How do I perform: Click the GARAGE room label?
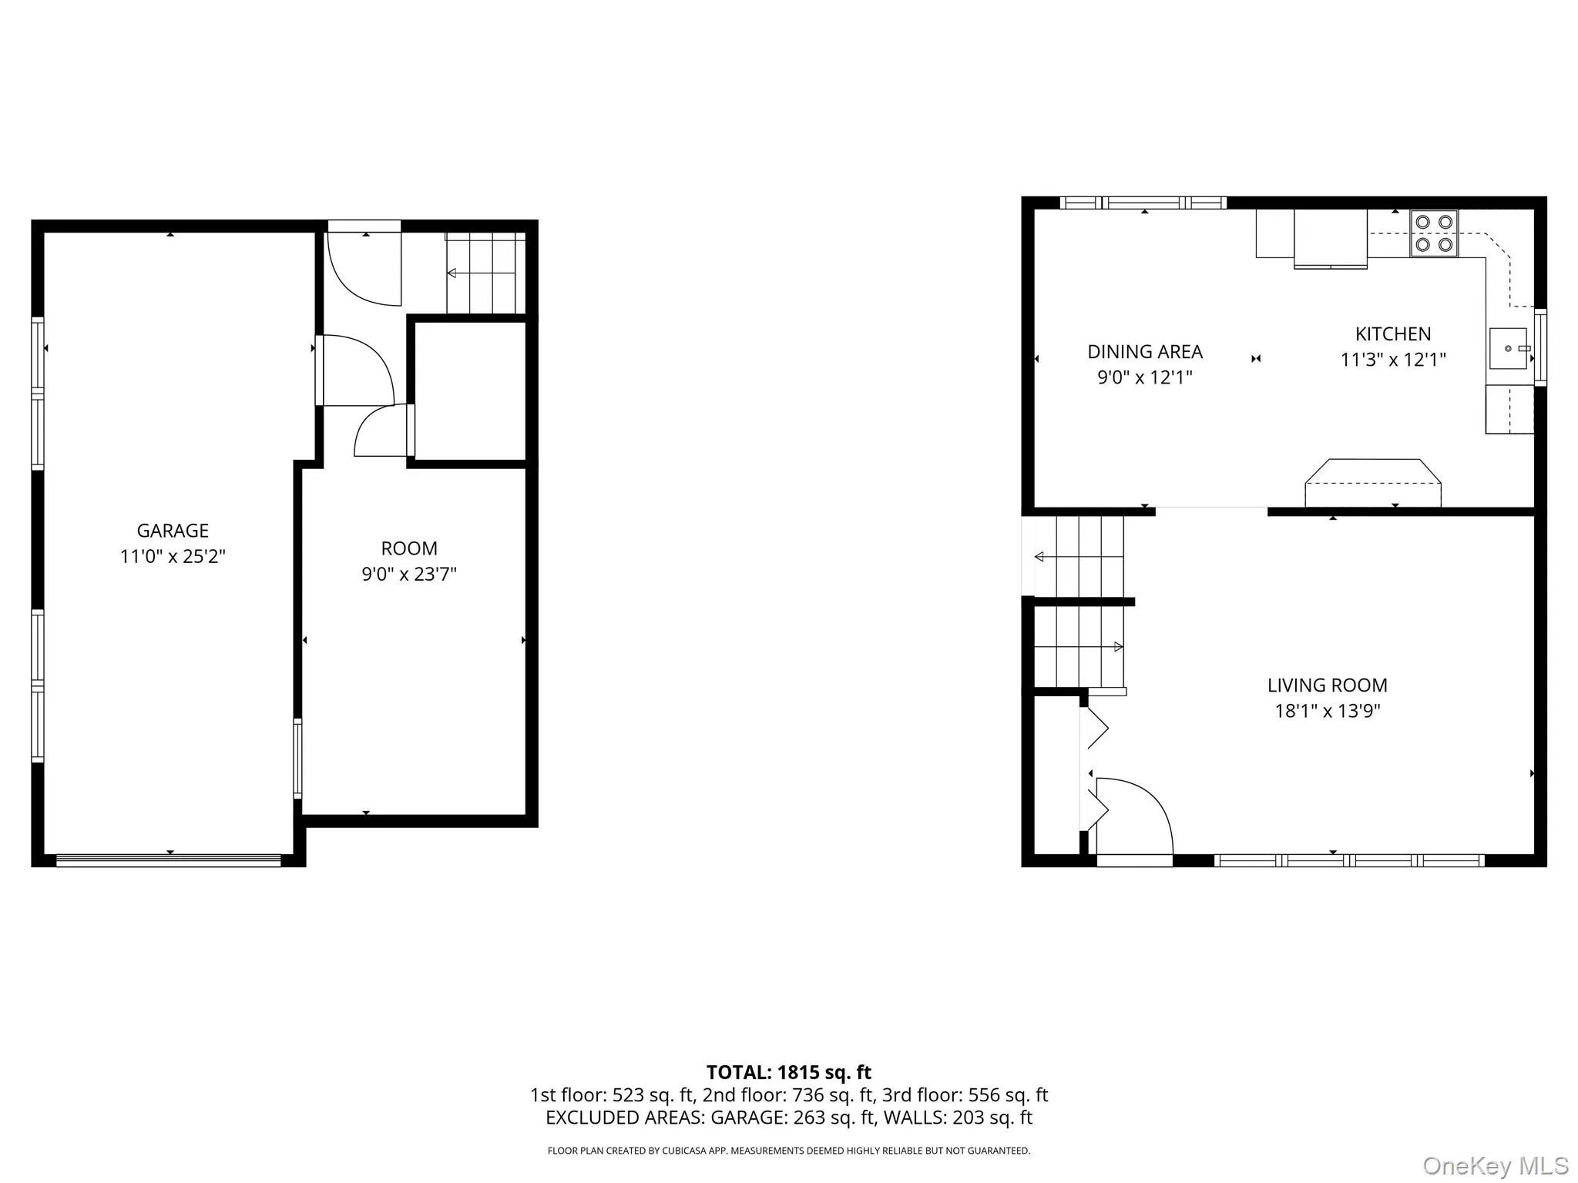173,531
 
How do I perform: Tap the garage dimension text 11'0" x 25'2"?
173,556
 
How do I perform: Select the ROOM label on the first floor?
409,548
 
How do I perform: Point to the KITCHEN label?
1393,334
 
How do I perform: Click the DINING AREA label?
1145,352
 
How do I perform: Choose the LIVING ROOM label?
1328,685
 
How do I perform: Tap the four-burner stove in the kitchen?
1434,233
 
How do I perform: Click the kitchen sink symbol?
1509,349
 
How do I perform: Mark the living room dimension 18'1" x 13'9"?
1328,711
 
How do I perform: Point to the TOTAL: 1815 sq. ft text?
789,1072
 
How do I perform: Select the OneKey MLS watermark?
1496,1166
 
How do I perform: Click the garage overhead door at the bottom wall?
169,860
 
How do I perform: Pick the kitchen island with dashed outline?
1373,483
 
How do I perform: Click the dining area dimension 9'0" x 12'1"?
1145,377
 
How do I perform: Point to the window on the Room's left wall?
298,759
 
